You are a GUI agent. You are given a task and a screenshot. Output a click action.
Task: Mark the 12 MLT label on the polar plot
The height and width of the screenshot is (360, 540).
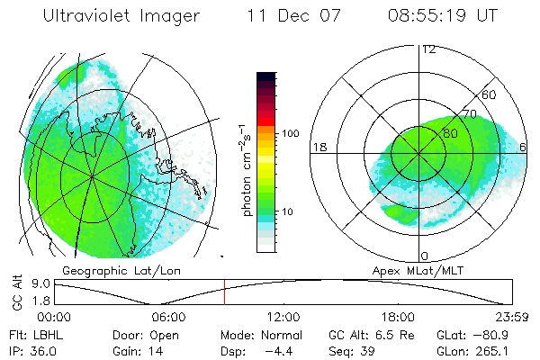pos(428,49)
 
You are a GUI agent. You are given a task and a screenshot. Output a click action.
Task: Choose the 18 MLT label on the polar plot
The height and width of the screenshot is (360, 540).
pos(318,147)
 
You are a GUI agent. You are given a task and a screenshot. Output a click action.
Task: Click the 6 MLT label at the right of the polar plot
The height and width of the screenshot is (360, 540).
pos(525,147)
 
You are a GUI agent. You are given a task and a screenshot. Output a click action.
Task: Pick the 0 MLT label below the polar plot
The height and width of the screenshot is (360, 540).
pos(425,256)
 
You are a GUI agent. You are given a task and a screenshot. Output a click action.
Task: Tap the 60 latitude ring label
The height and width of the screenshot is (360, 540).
pos(490,94)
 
